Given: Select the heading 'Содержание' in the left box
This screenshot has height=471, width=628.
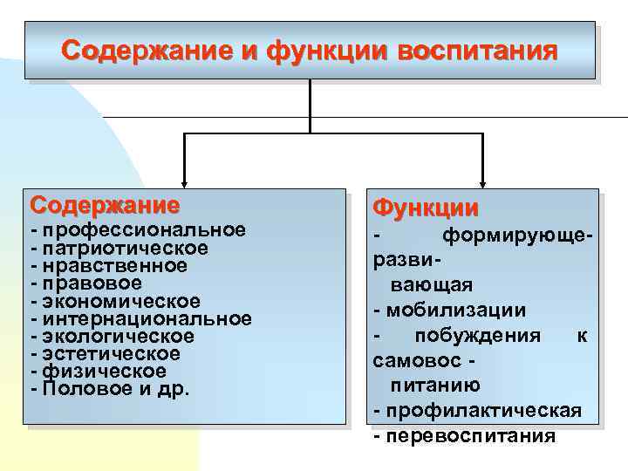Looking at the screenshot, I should tap(105, 206).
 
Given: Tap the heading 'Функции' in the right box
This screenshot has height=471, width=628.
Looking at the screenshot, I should tap(425, 208).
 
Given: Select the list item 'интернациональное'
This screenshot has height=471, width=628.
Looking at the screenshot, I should tap(147, 318).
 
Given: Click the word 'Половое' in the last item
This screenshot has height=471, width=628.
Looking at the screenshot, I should tap(86, 389).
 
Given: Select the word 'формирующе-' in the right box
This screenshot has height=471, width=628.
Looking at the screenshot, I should tap(519, 235).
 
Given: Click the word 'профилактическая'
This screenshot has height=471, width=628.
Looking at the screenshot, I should tap(483, 410).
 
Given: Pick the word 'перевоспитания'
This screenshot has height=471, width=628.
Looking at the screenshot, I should tap(470, 435).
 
